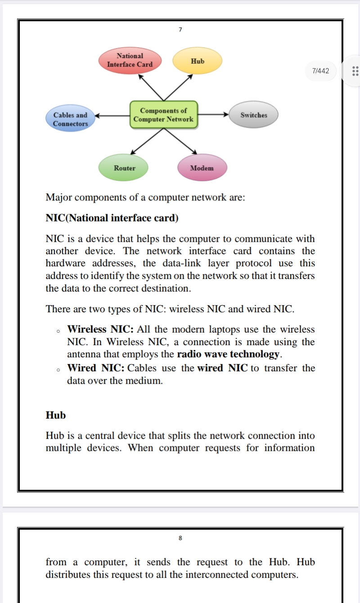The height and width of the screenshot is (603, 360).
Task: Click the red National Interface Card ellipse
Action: [130, 60]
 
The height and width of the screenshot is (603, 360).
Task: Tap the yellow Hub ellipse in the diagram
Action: [198, 61]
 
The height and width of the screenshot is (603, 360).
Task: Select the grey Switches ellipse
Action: [254, 115]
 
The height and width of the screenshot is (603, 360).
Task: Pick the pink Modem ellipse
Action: [202, 168]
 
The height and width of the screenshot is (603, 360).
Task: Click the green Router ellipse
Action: [124, 168]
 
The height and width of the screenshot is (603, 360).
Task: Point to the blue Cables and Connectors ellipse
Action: [70, 119]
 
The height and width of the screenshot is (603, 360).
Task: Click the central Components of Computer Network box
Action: [163, 115]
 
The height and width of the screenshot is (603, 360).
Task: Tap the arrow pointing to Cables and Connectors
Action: [112, 115]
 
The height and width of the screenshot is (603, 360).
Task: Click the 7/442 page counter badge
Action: [320, 71]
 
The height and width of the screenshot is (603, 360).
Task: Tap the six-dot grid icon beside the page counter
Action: [355, 71]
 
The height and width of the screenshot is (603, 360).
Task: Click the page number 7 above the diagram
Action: [180, 30]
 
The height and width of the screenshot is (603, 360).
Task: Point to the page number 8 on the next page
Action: [180, 538]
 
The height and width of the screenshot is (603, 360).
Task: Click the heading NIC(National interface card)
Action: [112, 218]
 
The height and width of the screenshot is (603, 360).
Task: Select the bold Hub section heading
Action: [56, 415]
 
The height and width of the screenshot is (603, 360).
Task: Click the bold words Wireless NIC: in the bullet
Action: [100, 329]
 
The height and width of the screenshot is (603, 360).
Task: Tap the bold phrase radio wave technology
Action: [229, 354]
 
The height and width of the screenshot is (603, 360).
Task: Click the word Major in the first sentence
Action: [59, 198]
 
